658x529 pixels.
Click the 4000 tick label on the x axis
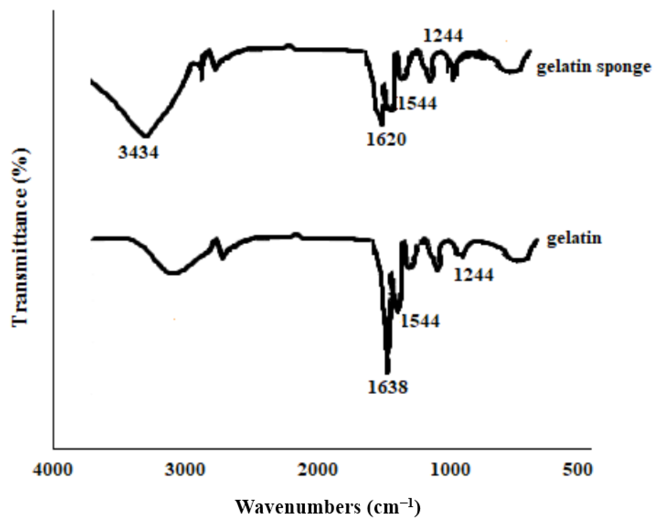coord(53,470)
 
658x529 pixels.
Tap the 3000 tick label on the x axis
coord(185,470)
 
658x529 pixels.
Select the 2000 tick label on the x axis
coord(318,470)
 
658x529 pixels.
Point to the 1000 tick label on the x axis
coord(450,470)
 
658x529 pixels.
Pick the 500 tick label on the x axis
coord(578,470)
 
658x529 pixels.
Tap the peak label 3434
coord(139,153)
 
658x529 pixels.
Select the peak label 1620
coord(386,139)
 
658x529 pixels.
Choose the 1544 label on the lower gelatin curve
coord(420,321)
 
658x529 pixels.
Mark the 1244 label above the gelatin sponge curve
coord(443,36)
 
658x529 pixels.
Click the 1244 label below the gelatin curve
coord(474,275)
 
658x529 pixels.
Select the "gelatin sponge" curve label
coord(594,67)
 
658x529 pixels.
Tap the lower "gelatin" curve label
coord(574,238)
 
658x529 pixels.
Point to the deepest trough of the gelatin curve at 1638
coord(387,372)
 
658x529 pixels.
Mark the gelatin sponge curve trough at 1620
coord(382,124)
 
